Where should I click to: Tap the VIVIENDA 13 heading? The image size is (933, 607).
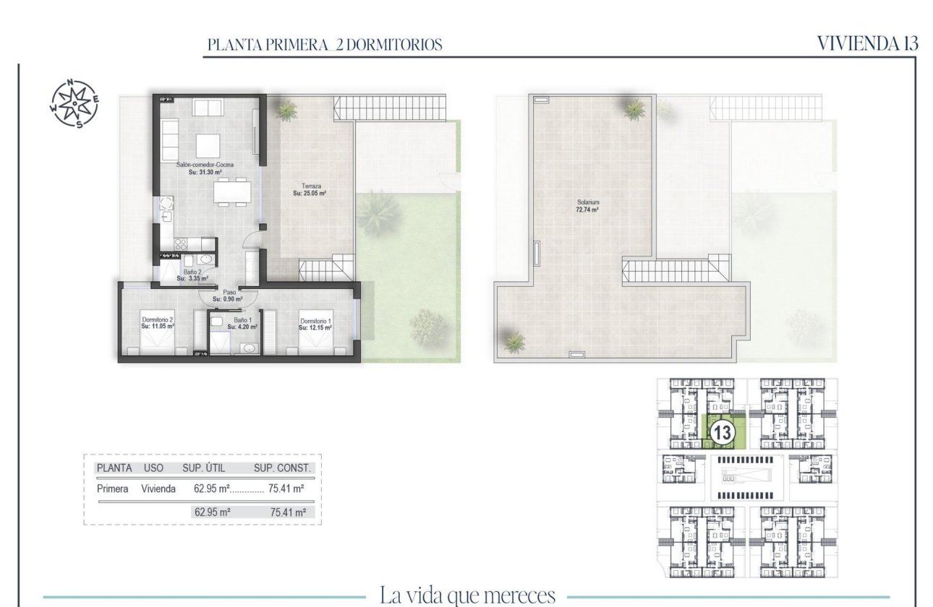click(867, 43)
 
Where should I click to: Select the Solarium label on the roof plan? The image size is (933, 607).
click(587, 206)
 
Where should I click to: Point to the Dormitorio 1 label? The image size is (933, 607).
click(315, 324)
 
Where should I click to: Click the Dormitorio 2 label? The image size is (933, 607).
click(158, 322)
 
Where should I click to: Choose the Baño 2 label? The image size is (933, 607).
click(192, 275)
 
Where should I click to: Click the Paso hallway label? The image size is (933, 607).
click(227, 296)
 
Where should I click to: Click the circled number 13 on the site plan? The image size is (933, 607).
click(721, 434)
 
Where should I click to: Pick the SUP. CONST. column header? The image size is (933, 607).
click(282, 468)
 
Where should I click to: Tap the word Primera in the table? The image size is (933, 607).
click(112, 489)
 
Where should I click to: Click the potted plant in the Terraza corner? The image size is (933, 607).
click(286, 110)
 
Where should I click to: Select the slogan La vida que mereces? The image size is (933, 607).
click(467, 596)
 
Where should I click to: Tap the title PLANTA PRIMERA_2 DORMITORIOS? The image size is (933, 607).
click(324, 45)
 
